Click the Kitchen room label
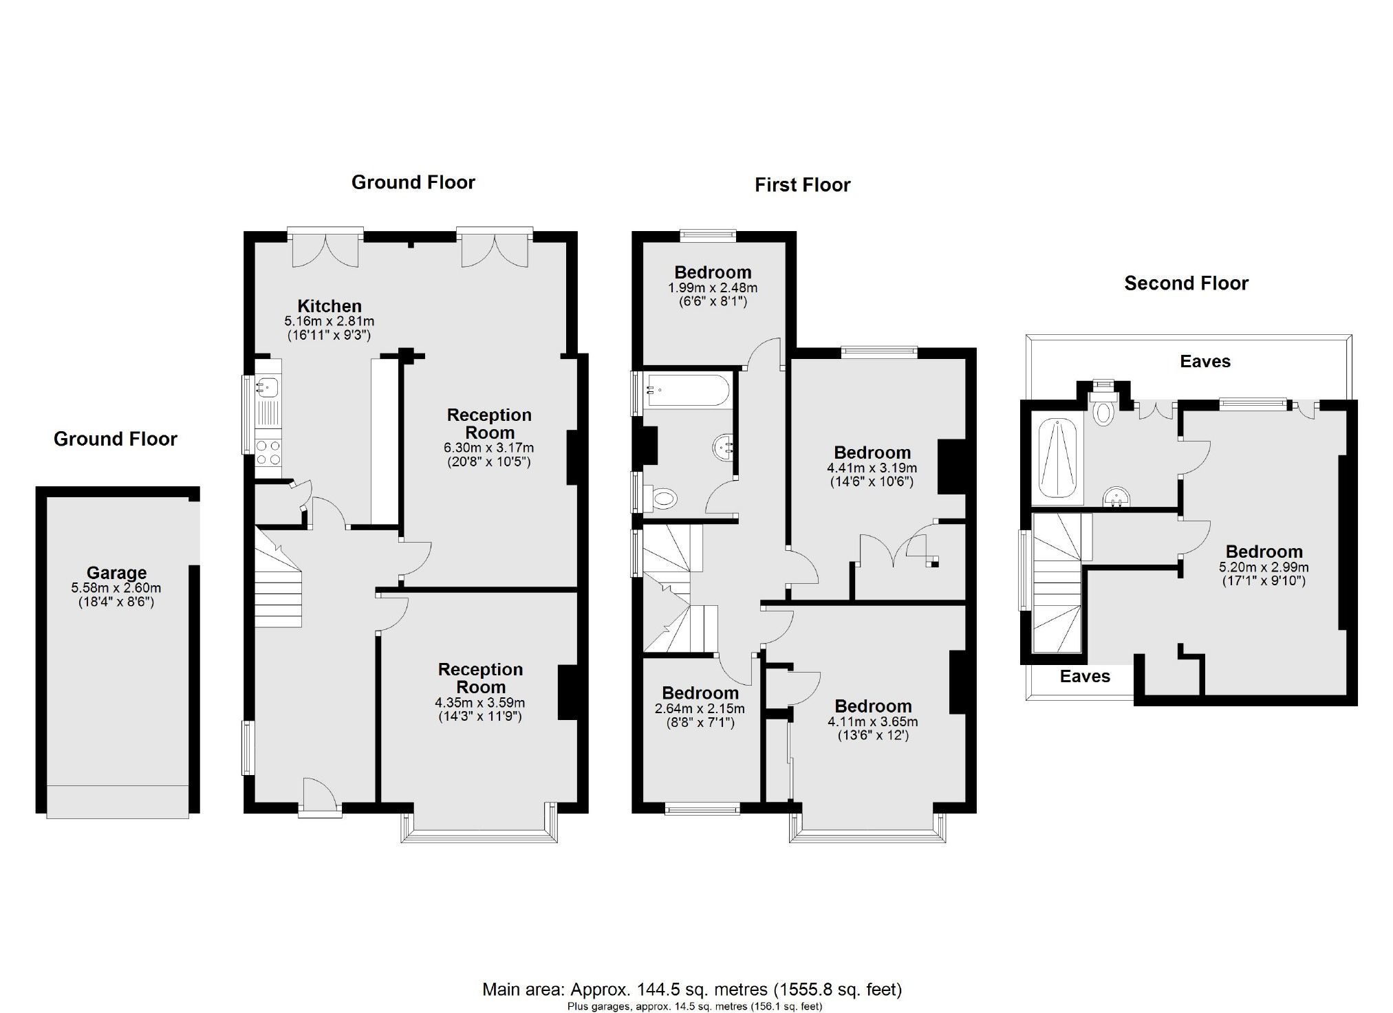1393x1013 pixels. (329, 306)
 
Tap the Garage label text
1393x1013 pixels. (116, 573)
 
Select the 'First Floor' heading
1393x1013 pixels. (802, 185)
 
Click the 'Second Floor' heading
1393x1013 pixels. (1186, 283)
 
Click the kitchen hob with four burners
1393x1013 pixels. (268, 452)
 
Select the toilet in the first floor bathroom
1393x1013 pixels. (662, 497)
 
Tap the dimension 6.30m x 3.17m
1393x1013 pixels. (488, 448)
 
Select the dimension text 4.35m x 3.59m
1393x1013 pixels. (480, 703)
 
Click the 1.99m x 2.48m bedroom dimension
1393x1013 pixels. (712, 287)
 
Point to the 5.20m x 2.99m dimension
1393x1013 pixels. (1264, 567)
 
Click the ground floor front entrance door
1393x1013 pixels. (320, 798)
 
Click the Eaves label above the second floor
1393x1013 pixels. (1205, 362)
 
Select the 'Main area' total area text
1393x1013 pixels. (691, 990)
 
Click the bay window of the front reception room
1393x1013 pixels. (479, 834)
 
